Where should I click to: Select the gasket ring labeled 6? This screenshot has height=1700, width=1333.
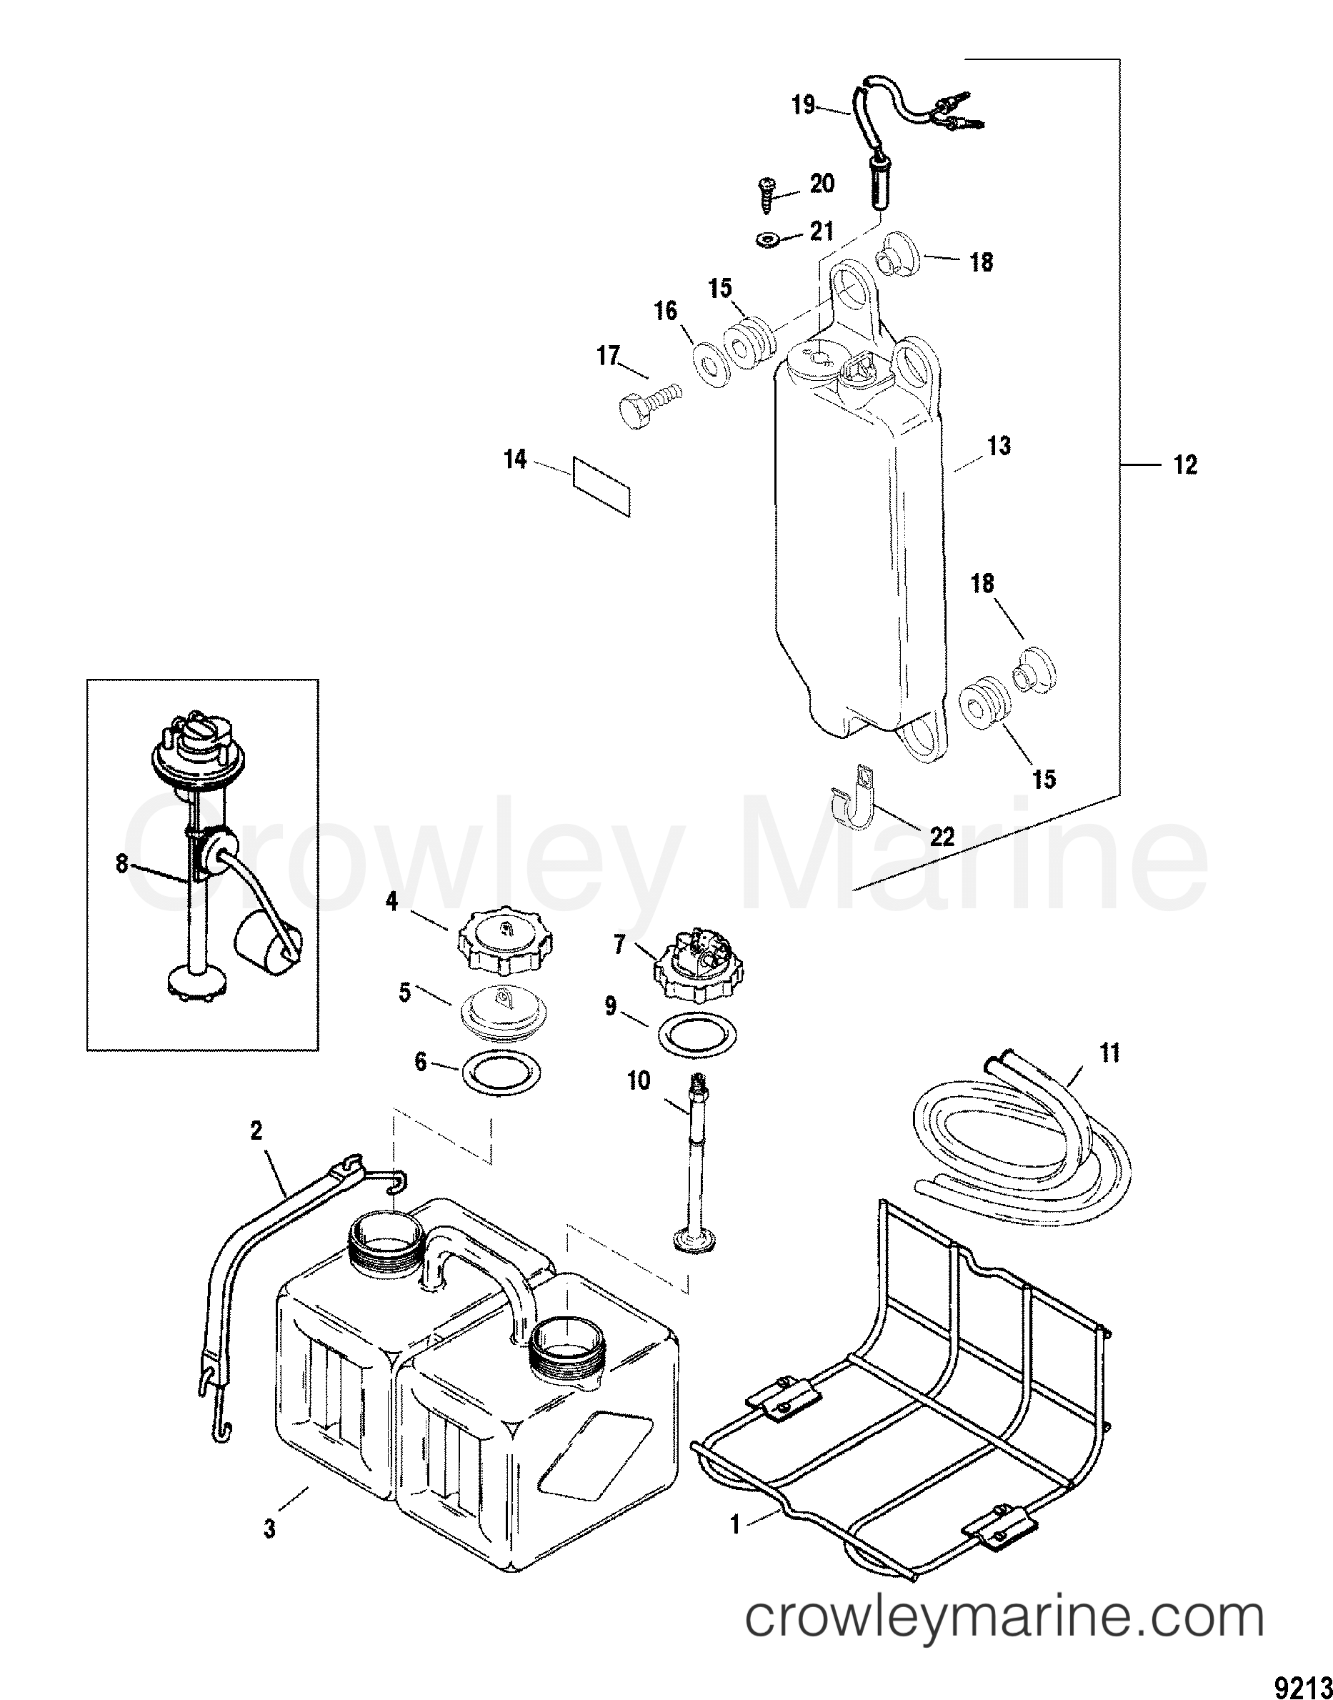[500, 1076]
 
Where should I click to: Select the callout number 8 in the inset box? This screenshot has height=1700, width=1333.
[121, 865]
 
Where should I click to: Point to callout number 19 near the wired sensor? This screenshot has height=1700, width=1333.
[803, 104]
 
